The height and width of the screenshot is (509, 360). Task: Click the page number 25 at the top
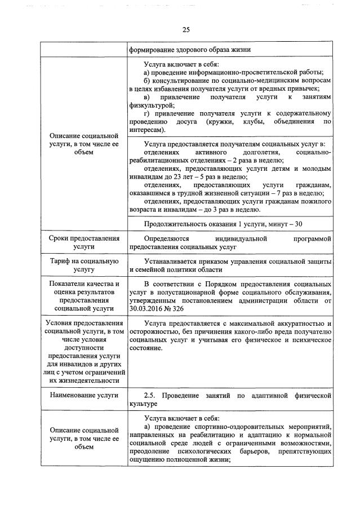coord(185,30)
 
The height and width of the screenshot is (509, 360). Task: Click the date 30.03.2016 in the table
coord(149,309)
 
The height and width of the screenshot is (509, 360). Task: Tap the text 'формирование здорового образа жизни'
coord(190,49)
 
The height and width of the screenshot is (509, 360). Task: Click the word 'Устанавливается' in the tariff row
coord(172,262)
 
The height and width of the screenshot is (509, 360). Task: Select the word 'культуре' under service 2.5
coord(144,404)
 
